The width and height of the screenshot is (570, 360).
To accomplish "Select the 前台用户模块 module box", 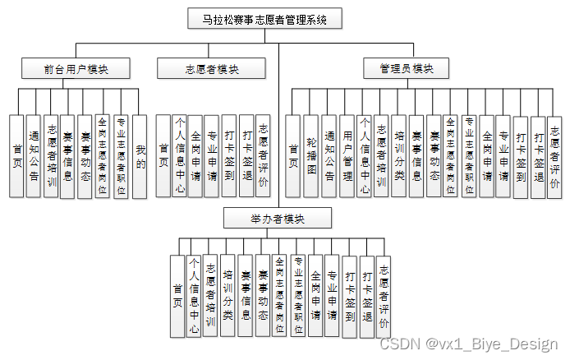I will click(x=76, y=69).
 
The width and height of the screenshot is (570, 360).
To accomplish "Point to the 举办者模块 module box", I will click(x=278, y=217).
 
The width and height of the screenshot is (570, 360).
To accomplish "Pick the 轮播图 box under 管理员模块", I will click(x=310, y=156).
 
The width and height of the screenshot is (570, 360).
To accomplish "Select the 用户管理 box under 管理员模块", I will click(x=347, y=156).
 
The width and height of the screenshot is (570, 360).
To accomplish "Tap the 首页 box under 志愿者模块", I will click(x=163, y=156).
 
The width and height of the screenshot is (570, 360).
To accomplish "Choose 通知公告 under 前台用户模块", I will click(x=33, y=156).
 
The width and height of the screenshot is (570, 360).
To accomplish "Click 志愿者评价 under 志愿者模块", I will click(x=263, y=156).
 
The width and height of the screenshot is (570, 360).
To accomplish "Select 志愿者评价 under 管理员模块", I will click(x=554, y=156).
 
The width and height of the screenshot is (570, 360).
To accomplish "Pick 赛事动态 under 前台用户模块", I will click(x=85, y=156).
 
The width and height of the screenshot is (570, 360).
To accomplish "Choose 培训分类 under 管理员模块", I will click(x=399, y=156).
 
